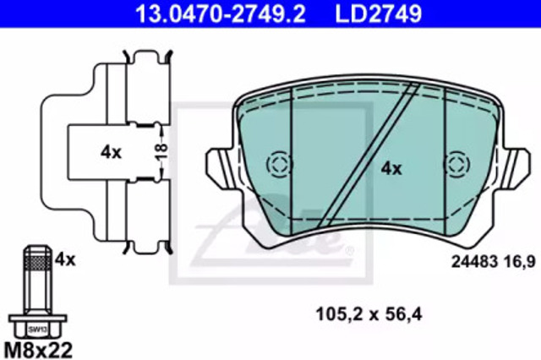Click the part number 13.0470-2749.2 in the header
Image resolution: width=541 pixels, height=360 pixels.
[220, 14]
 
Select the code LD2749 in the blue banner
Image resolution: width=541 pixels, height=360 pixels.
[379, 14]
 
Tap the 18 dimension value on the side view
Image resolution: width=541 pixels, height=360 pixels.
[161, 151]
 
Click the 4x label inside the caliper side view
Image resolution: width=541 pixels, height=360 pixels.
[111, 152]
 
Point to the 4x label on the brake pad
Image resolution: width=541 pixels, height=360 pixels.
[391, 169]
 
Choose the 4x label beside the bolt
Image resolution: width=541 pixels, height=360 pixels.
[65, 259]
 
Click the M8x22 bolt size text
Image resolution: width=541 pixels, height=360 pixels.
[38, 350]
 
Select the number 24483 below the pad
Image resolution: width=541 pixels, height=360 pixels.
[474, 262]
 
